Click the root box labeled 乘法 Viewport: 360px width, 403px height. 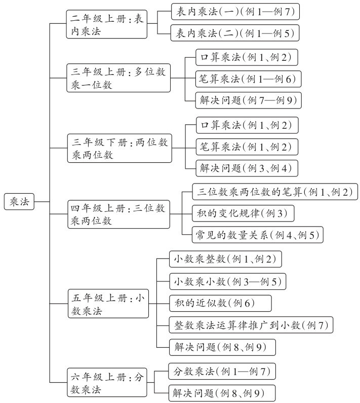coord(20,202)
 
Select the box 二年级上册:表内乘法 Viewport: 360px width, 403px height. coord(107,24)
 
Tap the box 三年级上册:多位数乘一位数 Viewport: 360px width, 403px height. coord(118,78)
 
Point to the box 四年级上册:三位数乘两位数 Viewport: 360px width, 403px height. coord(118,214)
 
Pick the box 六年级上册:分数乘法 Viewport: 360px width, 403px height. coord(107,383)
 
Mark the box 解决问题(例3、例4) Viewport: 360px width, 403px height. coord(244,168)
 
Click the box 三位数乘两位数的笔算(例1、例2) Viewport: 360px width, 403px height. coord(275,192)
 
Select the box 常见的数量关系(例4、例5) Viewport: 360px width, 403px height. coord(258,235)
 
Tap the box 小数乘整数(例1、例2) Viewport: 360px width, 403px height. coord(224,260)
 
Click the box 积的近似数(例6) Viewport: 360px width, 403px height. coord(220,303)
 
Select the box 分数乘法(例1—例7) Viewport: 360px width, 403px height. coord(221,372)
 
